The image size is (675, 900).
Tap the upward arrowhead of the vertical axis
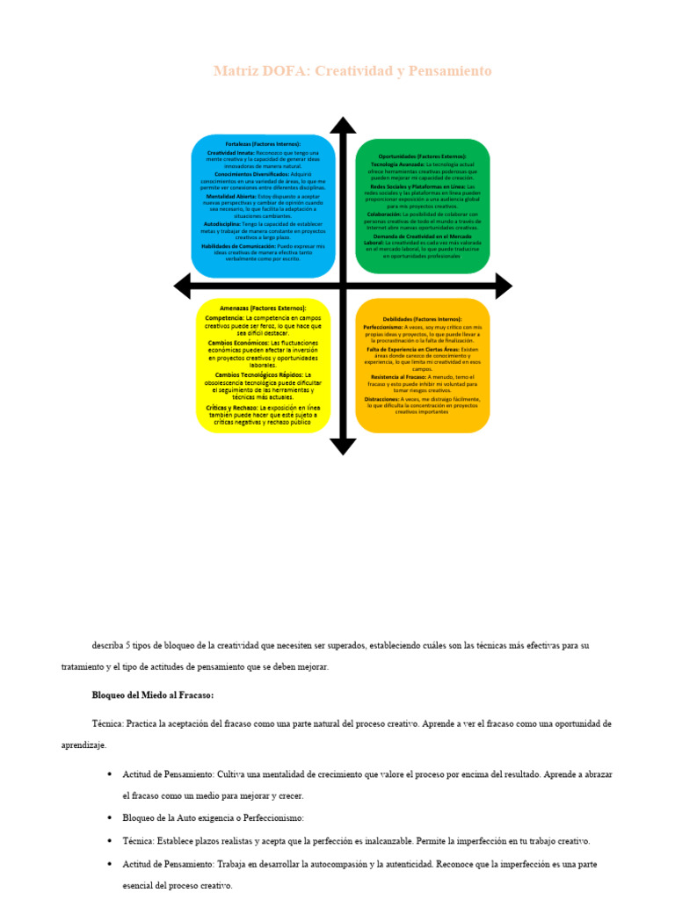point(343,126)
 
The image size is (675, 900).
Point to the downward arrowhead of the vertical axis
point(343,446)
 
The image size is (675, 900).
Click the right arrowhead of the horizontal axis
point(503,286)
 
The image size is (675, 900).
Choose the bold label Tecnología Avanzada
point(397,164)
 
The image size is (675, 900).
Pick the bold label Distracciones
point(381,398)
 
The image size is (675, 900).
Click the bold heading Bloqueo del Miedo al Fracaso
point(153,695)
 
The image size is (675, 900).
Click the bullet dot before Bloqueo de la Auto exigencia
point(109,818)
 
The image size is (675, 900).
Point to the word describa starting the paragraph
point(110,645)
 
